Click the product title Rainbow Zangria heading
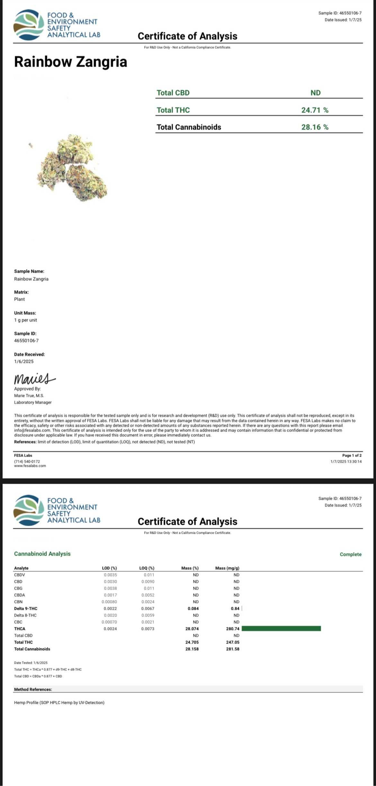click(70, 62)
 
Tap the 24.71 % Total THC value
click(315, 110)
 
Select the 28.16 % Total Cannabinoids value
click(315, 127)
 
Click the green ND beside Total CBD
click(315, 93)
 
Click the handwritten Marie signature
click(34, 379)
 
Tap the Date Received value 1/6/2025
click(24, 361)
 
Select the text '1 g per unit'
click(25, 320)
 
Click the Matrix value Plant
click(19, 299)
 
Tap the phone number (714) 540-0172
click(27, 462)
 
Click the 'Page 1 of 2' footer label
click(352, 455)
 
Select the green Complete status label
click(351, 554)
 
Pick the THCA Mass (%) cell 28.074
click(192, 629)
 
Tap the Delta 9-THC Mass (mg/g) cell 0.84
click(235, 609)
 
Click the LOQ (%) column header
click(147, 568)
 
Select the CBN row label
click(18, 602)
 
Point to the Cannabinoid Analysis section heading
click(42, 554)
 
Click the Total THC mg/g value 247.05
click(233, 642)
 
